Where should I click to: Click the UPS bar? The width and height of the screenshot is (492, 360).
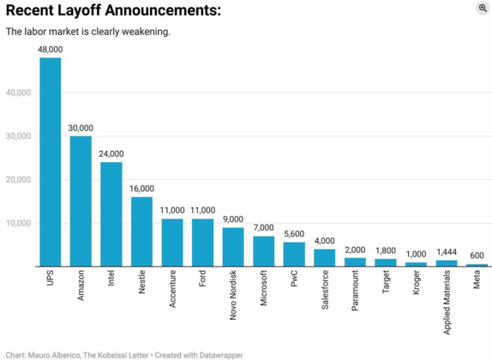(x=51, y=162)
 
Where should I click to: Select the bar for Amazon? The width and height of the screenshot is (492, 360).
(x=81, y=201)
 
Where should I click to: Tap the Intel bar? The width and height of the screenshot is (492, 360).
(x=111, y=214)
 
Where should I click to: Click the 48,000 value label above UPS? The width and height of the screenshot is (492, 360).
(x=51, y=50)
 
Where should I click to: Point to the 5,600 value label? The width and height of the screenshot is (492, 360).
(x=294, y=234)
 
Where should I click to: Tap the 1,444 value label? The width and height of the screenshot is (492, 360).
(x=447, y=252)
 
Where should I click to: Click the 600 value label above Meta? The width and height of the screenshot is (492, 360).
(x=477, y=256)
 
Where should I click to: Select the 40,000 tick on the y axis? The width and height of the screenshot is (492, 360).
(x=19, y=93)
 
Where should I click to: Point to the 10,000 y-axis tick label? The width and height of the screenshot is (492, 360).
(x=19, y=223)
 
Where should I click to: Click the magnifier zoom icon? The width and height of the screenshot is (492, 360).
(x=483, y=8)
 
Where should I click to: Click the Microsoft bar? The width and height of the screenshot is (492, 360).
(x=264, y=251)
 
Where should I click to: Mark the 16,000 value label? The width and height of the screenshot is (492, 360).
(x=141, y=189)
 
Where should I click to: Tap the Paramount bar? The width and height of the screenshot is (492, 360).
(x=355, y=262)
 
